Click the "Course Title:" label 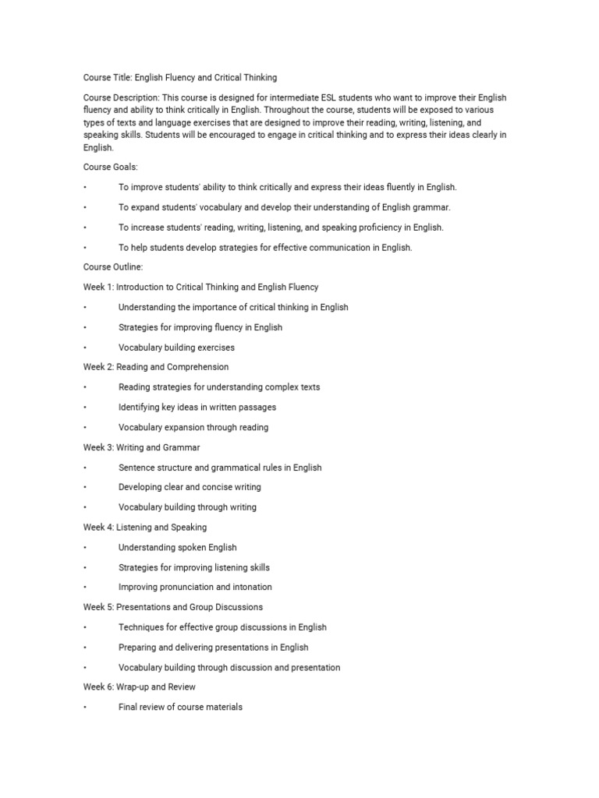coord(108,78)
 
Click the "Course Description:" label coord(121,97)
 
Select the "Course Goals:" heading coord(110,168)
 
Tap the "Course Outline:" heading coord(112,267)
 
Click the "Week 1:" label coord(98,288)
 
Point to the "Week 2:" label coord(98,367)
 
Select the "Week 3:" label coord(98,448)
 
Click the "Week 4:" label coord(98,528)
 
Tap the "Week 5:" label coord(98,607)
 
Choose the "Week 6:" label coord(98,687)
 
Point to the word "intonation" coord(251,588)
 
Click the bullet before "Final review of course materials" coord(85,708)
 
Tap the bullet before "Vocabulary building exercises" coord(85,348)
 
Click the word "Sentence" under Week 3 coord(136,468)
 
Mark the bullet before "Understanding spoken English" coord(85,548)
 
